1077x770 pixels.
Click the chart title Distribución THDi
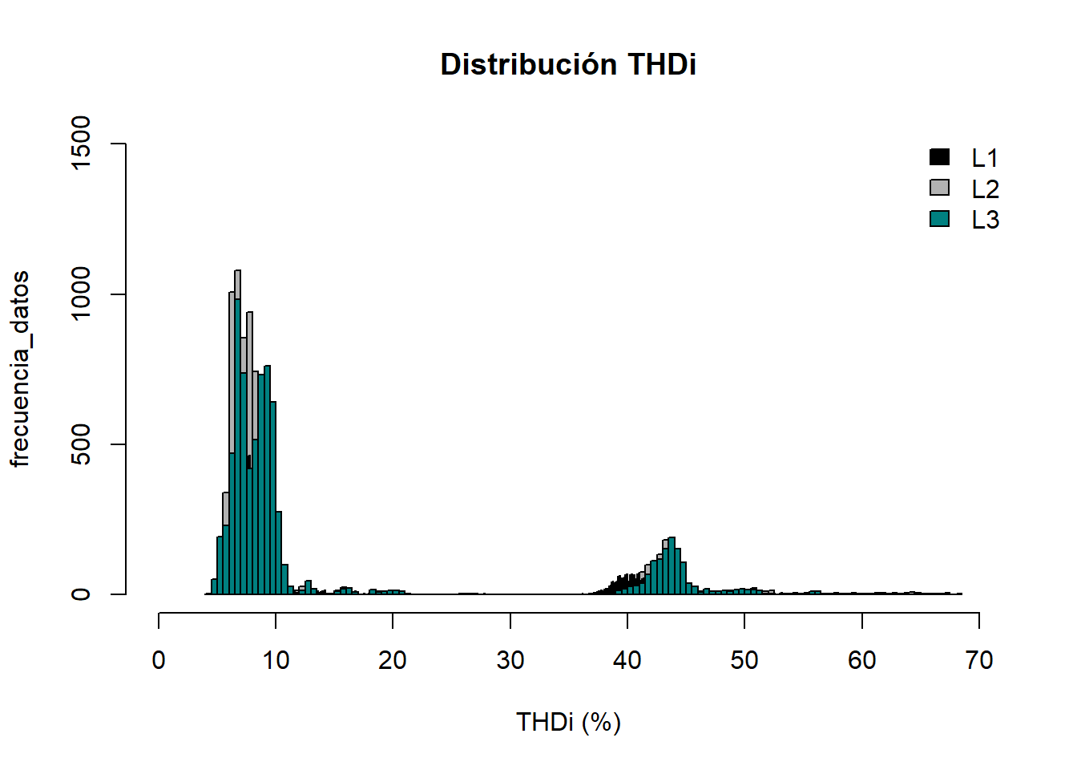(x=568, y=64)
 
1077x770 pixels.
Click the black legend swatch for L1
(x=939, y=157)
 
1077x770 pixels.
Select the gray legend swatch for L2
(x=939, y=188)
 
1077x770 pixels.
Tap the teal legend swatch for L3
(x=939, y=218)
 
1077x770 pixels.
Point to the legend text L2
(x=985, y=189)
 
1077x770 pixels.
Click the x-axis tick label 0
(x=159, y=660)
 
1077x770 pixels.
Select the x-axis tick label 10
(x=276, y=660)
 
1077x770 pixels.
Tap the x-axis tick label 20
(x=393, y=660)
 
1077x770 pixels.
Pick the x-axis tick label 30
(x=510, y=660)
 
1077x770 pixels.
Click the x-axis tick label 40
(x=627, y=660)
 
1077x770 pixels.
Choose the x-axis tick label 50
(x=744, y=660)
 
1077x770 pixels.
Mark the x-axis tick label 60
(x=861, y=660)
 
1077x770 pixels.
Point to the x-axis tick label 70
(x=978, y=660)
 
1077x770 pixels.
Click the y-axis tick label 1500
(x=81, y=143)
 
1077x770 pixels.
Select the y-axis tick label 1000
(x=81, y=294)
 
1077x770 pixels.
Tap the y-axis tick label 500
(x=81, y=444)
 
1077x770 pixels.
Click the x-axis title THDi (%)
(x=568, y=722)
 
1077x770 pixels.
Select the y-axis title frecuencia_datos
(x=20, y=369)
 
